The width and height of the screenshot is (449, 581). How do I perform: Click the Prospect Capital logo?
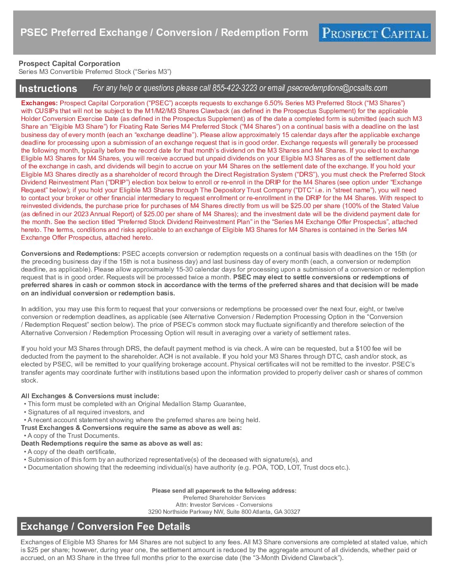tap(374, 33)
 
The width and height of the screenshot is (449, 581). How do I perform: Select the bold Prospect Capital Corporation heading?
tap(69, 64)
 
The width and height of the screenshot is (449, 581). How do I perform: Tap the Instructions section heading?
tap(48, 89)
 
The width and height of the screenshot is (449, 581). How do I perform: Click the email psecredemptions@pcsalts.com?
tap(337, 88)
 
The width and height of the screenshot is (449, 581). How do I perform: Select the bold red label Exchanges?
tap(40, 103)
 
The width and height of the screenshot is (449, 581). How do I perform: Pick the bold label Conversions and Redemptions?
tap(71, 254)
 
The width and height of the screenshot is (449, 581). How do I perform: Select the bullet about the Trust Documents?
tap(73, 436)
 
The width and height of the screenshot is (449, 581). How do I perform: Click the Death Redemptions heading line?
tap(112, 444)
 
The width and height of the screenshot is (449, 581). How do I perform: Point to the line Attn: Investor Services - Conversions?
tap(224, 505)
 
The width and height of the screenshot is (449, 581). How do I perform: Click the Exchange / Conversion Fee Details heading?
tap(105, 527)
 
